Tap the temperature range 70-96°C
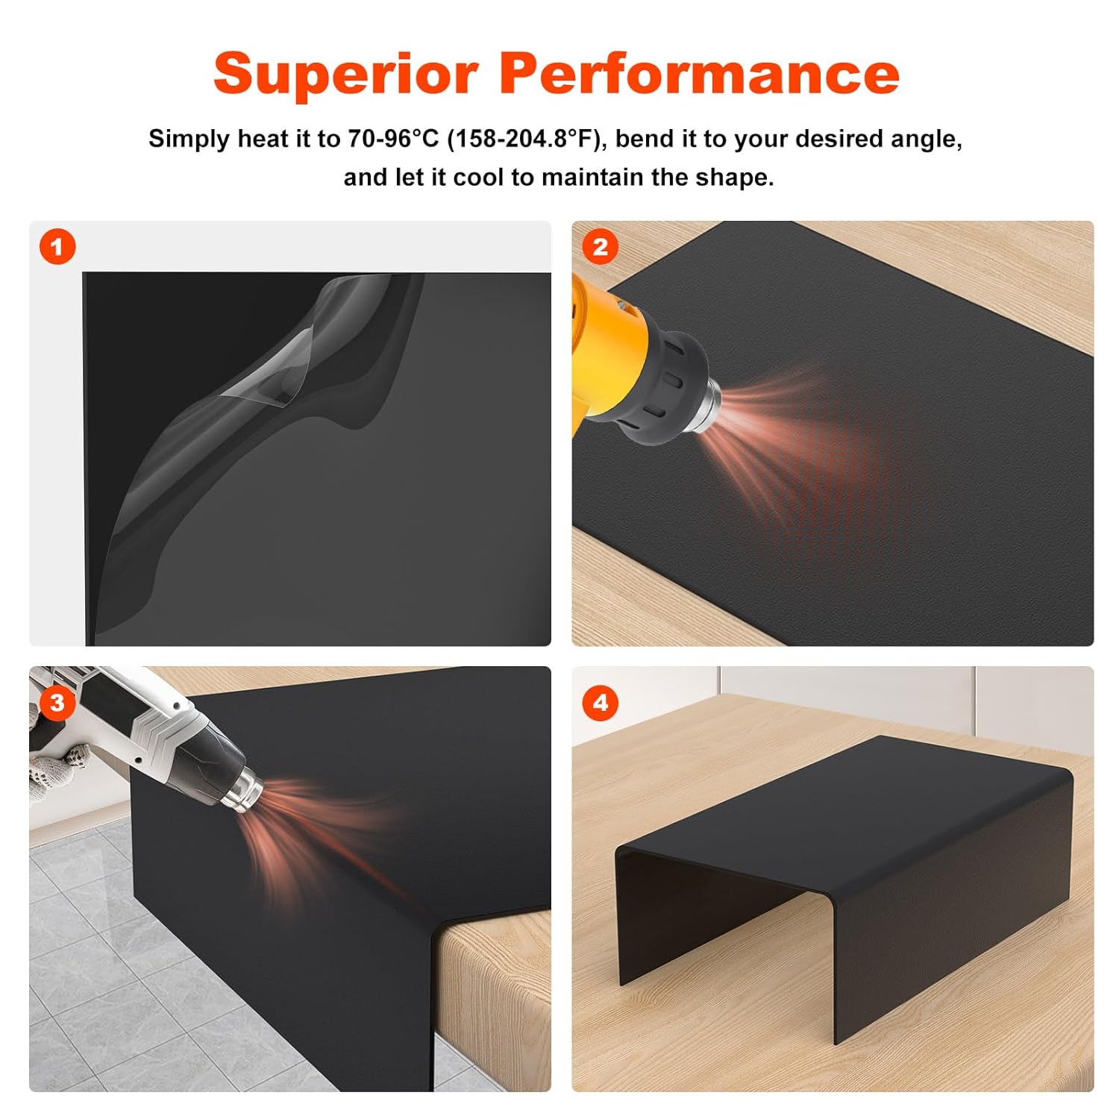click(x=393, y=139)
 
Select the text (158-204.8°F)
click(x=524, y=139)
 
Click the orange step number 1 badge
click(x=57, y=247)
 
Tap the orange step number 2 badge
click(x=600, y=247)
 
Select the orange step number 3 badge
click(x=57, y=702)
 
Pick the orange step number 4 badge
click(x=600, y=702)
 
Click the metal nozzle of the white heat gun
click(x=242, y=791)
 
